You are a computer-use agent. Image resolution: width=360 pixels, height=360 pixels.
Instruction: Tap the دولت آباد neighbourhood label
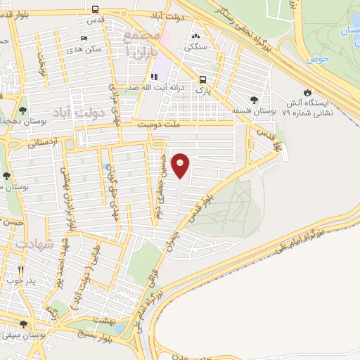tap(79, 112)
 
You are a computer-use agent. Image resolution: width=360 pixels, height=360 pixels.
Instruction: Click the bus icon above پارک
tap(202, 79)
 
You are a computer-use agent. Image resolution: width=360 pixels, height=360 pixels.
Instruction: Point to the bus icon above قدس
tap(95, 9)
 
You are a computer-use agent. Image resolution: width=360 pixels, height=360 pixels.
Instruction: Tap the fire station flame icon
tap(307, 92)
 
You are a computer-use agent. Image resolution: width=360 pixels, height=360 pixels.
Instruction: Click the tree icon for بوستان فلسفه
tap(254, 99)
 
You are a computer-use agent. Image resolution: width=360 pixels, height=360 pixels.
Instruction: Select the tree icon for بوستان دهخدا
tap(22, 110)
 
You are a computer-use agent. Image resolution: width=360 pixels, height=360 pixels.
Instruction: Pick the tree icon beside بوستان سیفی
tap(25, 324)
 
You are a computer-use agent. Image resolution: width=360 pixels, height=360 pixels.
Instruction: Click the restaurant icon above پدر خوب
tap(20, 269)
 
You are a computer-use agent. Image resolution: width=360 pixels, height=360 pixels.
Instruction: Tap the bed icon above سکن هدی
tap(84, 38)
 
